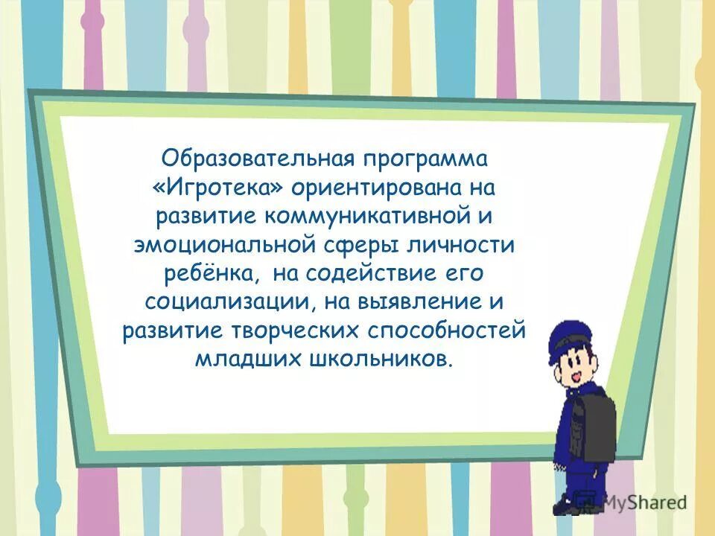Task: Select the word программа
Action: click(425, 158)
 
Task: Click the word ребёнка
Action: click(212, 273)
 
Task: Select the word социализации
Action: click(221, 302)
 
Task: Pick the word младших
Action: click(246, 360)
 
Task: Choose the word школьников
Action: click(378, 360)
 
